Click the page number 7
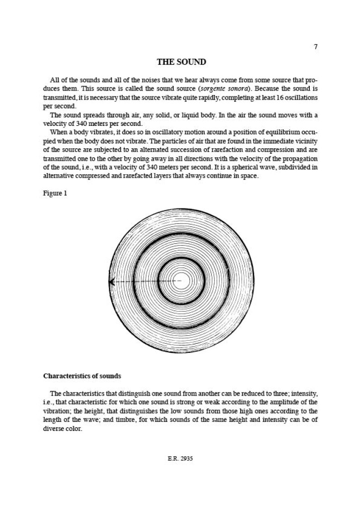tap(316, 47)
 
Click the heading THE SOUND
tap(181, 62)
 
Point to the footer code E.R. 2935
tap(180, 459)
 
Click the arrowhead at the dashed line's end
tap(112, 282)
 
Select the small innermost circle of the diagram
tap(181, 281)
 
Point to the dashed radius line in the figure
tap(144, 282)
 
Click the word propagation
tap(298, 158)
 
